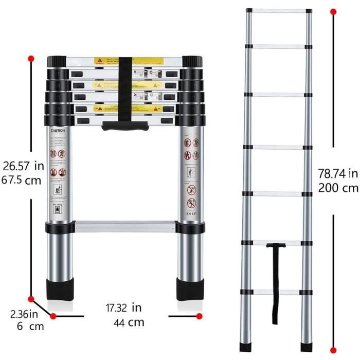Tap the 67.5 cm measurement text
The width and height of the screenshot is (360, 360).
tap(21, 181)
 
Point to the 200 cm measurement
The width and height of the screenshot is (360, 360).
tap(337, 188)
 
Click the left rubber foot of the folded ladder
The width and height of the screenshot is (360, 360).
tap(60, 291)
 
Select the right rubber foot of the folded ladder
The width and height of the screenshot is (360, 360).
tap(190, 291)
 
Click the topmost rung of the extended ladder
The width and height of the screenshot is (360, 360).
tap(278, 11)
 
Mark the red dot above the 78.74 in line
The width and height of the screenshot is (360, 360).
tap(333, 11)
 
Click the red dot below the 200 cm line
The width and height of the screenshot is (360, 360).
tap(333, 348)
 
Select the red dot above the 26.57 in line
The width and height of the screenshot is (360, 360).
tap(31, 58)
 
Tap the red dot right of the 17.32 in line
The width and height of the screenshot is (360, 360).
tap(200, 315)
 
